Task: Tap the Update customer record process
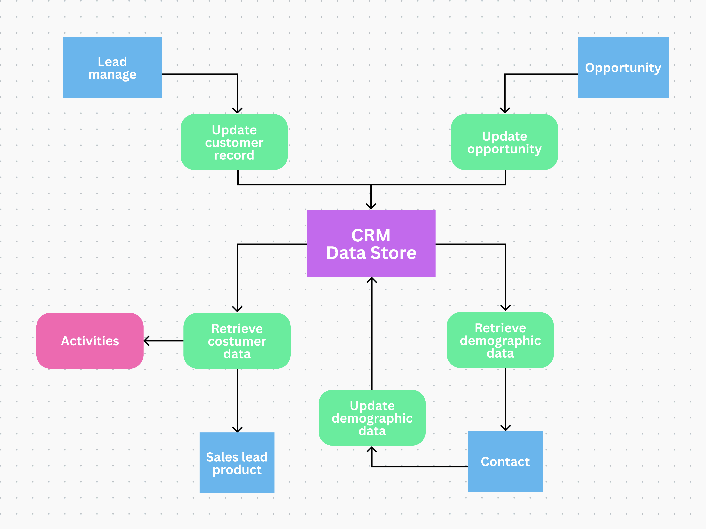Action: click(x=234, y=142)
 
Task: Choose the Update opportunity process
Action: click(x=504, y=142)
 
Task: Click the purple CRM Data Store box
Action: click(x=371, y=244)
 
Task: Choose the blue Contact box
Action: click(x=505, y=461)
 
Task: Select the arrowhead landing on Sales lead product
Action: click(x=237, y=429)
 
